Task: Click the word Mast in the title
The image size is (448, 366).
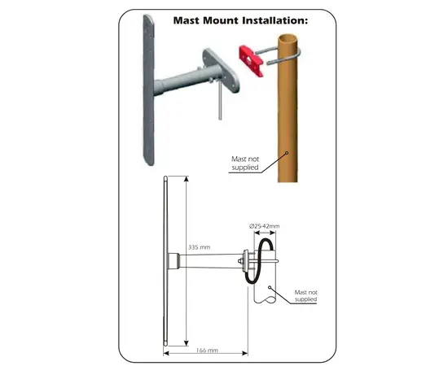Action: click(x=187, y=20)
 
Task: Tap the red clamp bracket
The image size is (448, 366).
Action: click(x=251, y=61)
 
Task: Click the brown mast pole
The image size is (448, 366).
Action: click(x=288, y=108)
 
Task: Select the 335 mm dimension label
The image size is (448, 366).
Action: click(x=199, y=247)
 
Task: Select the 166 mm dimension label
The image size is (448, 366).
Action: click(x=207, y=351)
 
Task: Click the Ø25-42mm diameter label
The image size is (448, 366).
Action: click(x=264, y=226)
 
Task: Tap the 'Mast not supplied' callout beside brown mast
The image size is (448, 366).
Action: click(x=245, y=163)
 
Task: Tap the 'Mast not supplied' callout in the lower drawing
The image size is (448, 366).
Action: click(x=305, y=296)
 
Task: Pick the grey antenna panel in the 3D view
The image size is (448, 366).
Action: click(x=148, y=89)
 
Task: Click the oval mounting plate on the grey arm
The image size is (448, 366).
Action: click(x=222, y=71)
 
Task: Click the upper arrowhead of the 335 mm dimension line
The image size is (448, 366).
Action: click(x=187, y=179)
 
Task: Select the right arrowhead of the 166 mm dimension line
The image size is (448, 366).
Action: click(x=245, y=354)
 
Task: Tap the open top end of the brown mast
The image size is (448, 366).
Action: click(x=288, y=37)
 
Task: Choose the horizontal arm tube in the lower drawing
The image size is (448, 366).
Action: click(x=212, y=261)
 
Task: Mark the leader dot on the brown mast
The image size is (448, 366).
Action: click(x=288, y=153)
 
